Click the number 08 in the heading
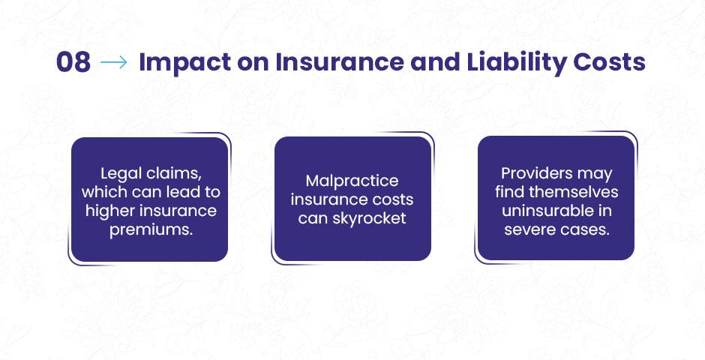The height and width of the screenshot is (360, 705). [x=73, y=62]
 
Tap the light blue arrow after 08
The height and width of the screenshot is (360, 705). [x=114, y=62]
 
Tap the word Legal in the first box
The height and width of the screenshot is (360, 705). [x=120, y=174]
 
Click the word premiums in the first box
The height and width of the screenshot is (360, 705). [x=151, y=229]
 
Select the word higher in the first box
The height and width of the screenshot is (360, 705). [x=109, y=211]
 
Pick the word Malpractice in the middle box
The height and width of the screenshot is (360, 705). [x=352, y=181]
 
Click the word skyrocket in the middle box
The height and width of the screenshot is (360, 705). [x=369, y=218]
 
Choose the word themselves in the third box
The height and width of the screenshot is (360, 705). [x=574, y=192]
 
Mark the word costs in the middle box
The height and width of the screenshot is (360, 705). [x=394, y=200]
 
